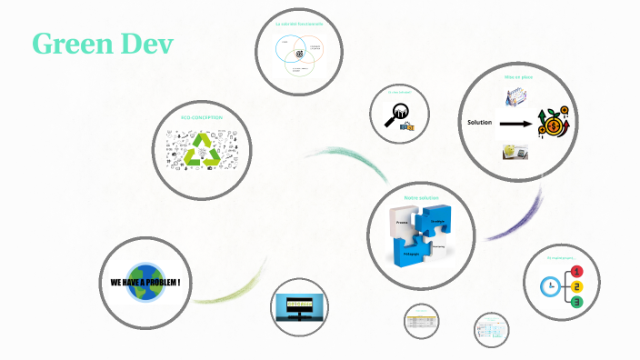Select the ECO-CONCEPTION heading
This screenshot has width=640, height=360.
coord(201,118)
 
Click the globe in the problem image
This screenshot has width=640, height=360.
coord(145,282)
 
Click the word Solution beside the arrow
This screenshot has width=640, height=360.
coord(479,123)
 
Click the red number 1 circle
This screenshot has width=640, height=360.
coord(575,271)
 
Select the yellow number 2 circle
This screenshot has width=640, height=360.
coord(575,286)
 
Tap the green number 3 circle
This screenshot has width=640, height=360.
coord(575,302)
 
